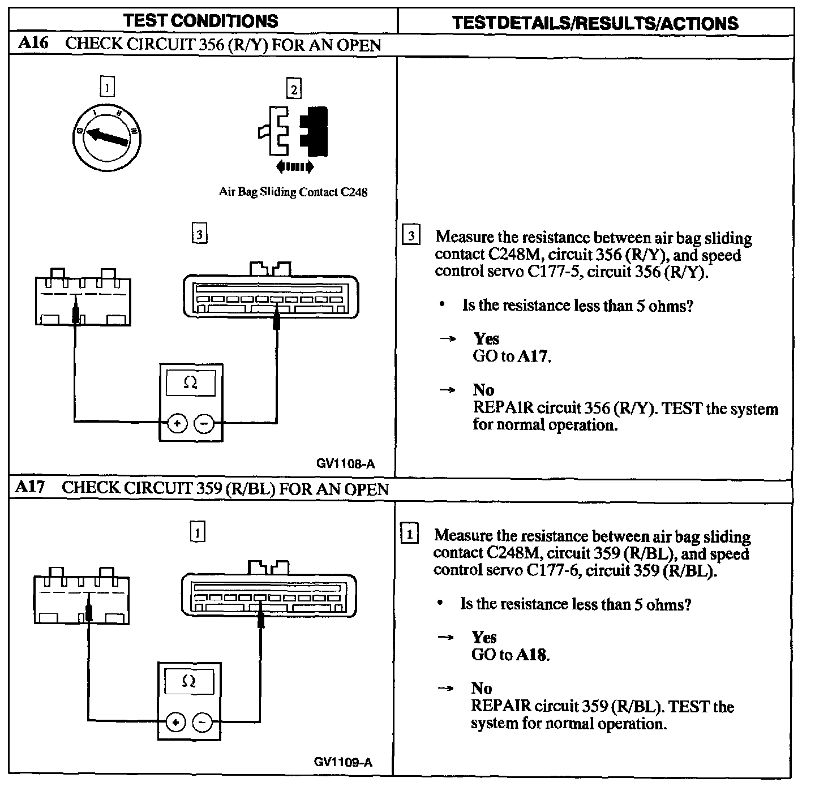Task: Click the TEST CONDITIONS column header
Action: (x=201, y=21)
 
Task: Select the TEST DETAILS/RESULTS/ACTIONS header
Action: (x=595, y=23)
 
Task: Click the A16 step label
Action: (x=33, y=44)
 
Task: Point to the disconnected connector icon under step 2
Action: (x=294, y=131)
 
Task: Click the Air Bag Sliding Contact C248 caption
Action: (x=293, y=192)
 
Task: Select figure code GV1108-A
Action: (x=345, y=464)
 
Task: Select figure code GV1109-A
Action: (x=344, y=762)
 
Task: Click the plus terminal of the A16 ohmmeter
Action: (x=178, y=423)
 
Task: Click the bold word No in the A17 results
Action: (x=482, y=688)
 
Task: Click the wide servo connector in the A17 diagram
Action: (x=269, y=594)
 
